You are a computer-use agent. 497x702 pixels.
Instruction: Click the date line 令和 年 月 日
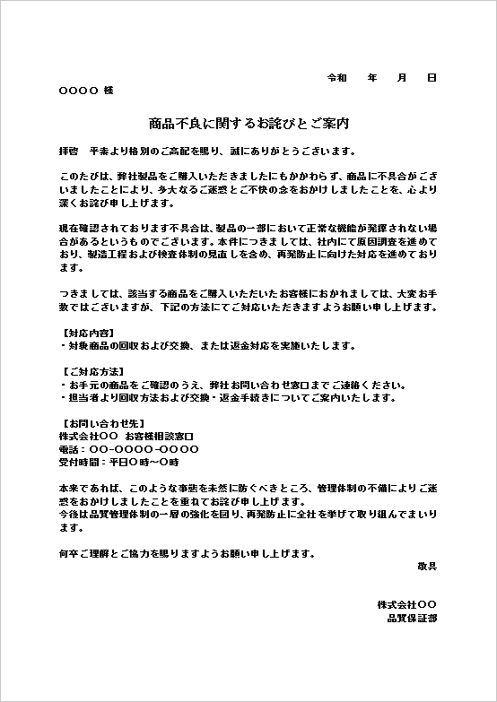[x=382, y=78]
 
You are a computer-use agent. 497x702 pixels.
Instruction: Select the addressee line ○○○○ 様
[x=86, y=91]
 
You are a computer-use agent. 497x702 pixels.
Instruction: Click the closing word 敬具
[x=427, y=566]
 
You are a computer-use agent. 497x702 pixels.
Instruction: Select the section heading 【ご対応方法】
[x=91, y=371]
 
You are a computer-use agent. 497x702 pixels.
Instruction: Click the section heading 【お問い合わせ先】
[x=97, y=423]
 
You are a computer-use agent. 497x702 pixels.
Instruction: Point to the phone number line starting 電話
[x=128, y=449]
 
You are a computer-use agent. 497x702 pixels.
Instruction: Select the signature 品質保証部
[x=412, y=618]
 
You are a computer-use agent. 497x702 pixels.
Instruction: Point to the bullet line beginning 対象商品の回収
[x=207, y=345]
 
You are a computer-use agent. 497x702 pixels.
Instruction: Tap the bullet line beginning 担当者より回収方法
[x=228, y=397]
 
